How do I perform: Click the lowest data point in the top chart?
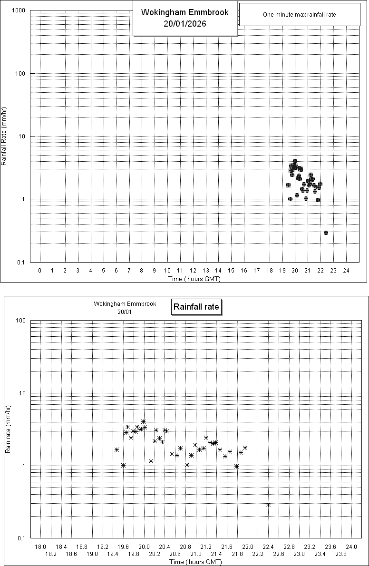326,233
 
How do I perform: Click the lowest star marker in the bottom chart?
268,505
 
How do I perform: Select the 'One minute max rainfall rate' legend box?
300,15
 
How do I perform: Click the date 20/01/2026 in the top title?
185,23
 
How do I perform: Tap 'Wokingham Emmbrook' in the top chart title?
185,12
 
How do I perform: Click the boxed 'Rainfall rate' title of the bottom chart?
196,307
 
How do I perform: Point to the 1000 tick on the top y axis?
19,10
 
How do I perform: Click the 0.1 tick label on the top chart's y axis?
21,262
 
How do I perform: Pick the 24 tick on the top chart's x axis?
346,271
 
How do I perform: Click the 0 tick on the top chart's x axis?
40,271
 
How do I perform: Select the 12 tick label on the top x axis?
193,271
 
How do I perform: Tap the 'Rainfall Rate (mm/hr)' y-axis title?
4,136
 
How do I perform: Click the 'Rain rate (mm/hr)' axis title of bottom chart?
8,429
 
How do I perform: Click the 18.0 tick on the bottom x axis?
41,547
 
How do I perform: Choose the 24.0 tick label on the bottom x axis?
351,547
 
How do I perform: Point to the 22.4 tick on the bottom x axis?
268,547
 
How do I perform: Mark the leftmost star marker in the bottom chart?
117,449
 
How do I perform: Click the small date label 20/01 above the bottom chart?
125,311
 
